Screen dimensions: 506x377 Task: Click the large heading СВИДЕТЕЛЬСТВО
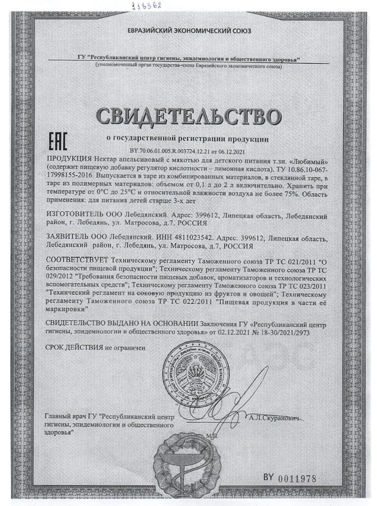pos(188,116)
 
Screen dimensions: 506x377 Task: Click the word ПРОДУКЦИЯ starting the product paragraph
pos(69,158)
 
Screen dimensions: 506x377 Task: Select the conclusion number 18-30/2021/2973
pos(281,333)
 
